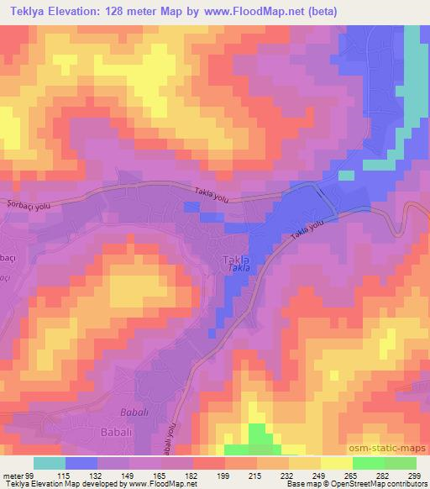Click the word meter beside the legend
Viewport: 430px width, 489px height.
coord(13,476)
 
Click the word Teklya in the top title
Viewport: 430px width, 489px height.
coord(29,12)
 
